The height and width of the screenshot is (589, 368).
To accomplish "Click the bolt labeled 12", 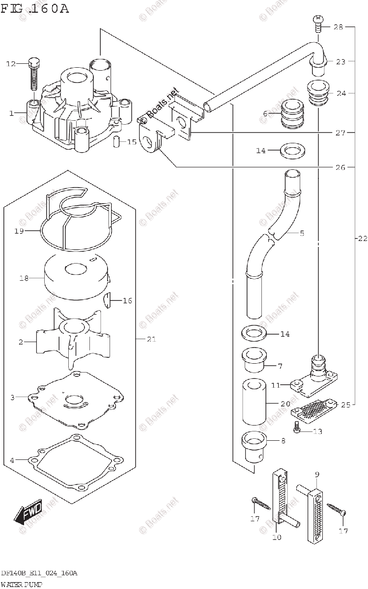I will point(33,74).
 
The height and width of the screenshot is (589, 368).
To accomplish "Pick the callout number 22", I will point(362,239).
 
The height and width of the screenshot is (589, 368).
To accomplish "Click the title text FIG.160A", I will point(35,9).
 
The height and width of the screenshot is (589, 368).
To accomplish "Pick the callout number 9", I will point(317,474).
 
